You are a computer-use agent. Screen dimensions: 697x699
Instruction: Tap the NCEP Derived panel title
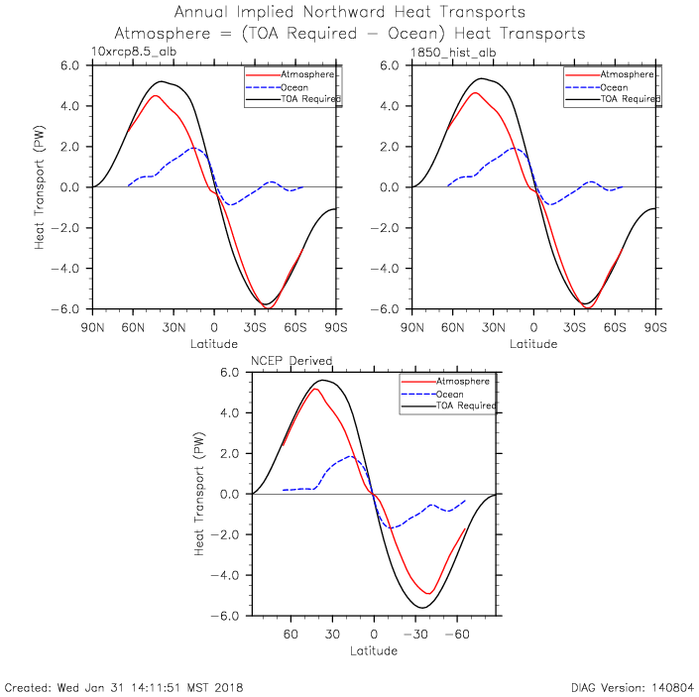(291, 361)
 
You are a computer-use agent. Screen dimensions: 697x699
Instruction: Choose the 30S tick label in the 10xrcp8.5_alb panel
(255, 327)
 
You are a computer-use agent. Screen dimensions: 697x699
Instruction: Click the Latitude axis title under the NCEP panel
(374, 651)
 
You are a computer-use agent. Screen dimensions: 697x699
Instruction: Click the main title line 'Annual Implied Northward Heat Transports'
(350, 13)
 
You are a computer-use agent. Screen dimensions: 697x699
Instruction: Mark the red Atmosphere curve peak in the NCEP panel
(316, 389)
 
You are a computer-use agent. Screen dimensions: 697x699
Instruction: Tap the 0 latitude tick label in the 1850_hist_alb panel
(533, 327)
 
